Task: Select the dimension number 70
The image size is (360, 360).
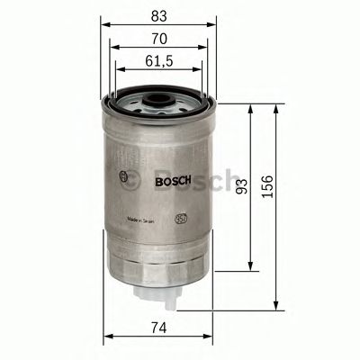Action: pyautogui.click(x=157, y=40)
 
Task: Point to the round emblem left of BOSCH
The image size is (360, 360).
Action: pyautogui.click(x=121, y=174)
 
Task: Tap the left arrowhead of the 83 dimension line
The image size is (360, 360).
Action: pyautogui.click(x=103, y=24)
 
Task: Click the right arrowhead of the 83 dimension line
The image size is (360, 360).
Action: pyautogui.click(x=215, y=24)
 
